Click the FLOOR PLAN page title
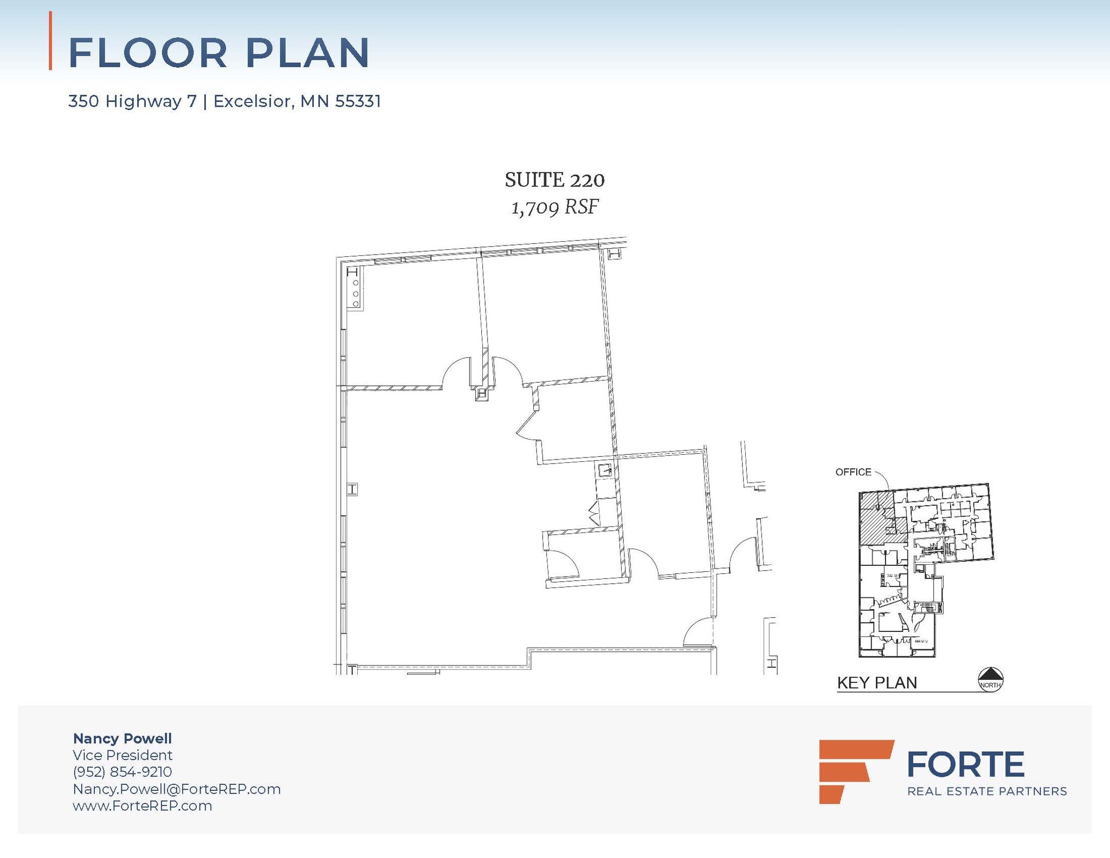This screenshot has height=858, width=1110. click(x=219, y=53)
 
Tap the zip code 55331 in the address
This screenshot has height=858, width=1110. click(x=358, y=101)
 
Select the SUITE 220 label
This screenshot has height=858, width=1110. click(x=554, y=180)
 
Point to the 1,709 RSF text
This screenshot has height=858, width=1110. click(x=554, y=207)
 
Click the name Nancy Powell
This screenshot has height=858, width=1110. click(x=122, y=738)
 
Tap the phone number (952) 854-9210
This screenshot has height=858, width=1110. click(x=122, y=772)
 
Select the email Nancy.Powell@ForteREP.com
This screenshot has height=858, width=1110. click(x=177, y=789)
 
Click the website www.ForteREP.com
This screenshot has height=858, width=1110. click(x=143, y=805)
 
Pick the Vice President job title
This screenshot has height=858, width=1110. click(x=122, y=755)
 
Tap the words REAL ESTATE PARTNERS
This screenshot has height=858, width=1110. click(x=987, y=791)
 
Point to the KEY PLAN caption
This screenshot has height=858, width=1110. click(x=877, y=683)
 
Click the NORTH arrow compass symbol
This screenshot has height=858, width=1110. click(x=990, y=679)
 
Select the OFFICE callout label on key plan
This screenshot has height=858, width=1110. click(x=853, y=472)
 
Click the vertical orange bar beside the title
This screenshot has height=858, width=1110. click(x=50, y=41)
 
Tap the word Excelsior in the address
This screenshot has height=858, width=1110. click(x=252, y=101)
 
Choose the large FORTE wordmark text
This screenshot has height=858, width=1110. click(x=965, y=764)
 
